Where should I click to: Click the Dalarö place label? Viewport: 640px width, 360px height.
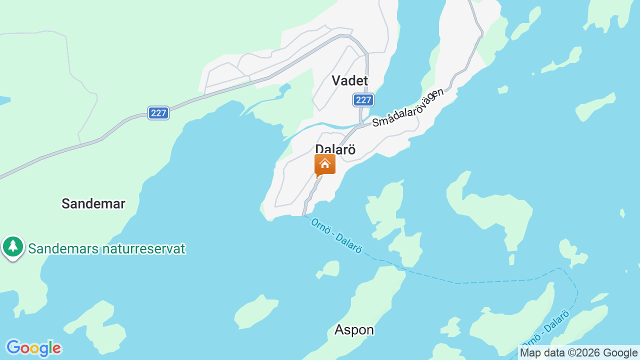point(335,149)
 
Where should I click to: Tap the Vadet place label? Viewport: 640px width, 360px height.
point(349,80)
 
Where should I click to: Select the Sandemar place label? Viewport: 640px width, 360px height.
point(93,203)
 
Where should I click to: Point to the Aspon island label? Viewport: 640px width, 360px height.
point(354,330)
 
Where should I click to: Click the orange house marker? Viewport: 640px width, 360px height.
point(325,164)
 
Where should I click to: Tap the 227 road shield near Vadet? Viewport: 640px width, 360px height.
point(363,100)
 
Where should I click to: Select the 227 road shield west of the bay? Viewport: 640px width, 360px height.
point(158,113)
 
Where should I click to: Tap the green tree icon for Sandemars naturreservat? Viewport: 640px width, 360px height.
point(13,246)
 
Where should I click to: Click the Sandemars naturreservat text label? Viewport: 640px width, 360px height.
point(106,248)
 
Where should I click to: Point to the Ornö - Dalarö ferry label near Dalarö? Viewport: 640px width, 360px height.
point(336,235)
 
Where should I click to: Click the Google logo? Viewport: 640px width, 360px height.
point(33,348)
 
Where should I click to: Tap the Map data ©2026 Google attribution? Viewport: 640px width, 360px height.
point(579,353)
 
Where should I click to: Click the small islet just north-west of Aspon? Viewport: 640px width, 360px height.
point(329,269)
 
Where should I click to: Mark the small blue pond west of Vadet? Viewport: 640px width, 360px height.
point(284,89)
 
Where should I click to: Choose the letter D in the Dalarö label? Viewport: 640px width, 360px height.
point(319,149)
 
